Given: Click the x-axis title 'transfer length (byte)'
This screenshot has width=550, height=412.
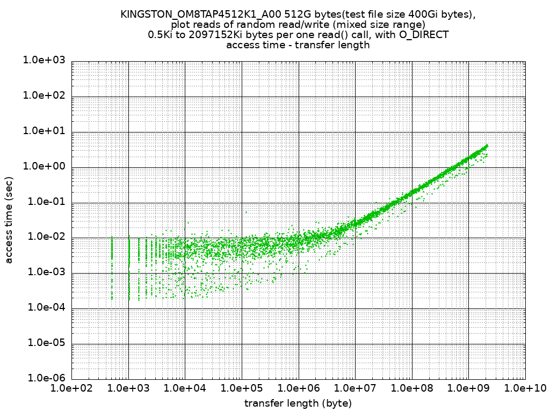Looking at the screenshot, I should [298, 402].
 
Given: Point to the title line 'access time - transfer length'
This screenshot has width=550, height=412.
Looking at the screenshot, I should [298, 45].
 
